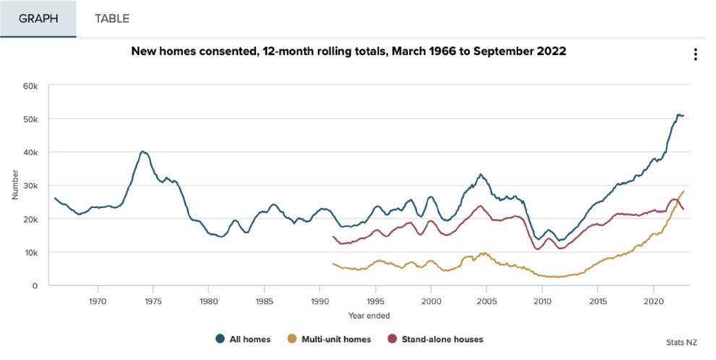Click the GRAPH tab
tap(38, 19)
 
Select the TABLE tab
tap(112, 19)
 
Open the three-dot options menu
tap(695, 55)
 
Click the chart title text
tap(349, 52)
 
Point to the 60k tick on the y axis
tap(30, 86)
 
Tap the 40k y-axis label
tap(30, 153)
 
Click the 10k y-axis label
tap(30, 252)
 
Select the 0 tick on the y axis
tap(35, 286)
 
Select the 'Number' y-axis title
tap(14, 186)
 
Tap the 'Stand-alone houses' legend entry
tap(435, 339)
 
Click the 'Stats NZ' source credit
tap(679, 342)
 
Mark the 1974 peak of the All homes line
tap(143, 152)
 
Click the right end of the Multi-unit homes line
tap(683, 192)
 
